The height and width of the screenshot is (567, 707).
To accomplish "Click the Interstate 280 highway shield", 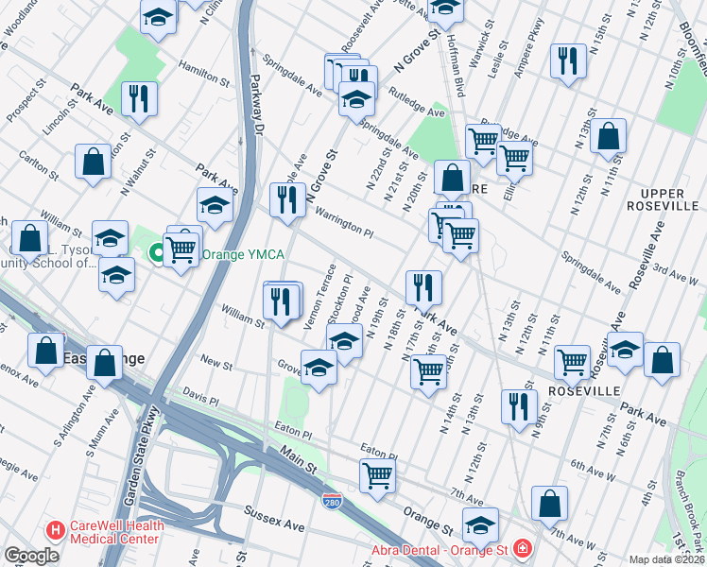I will pyautogui.click(x=331, y=498).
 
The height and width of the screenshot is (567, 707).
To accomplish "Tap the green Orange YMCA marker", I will pyautogui.click(x=156, y=253).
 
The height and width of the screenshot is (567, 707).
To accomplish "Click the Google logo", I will pyautogui.click(x=31, y=555).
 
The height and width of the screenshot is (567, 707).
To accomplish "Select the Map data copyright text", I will pyautogui.click(x=666, y=559).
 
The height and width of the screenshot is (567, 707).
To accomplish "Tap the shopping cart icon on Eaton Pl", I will pyautogui.click(x=376, y=474).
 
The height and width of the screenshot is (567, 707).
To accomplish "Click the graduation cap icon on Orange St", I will pyautogui.click(x=480, y=524).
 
